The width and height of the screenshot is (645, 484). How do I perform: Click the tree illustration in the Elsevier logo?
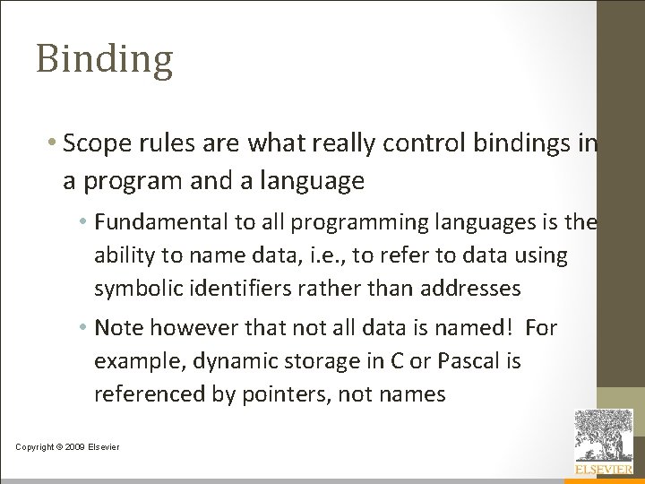pos(603,435)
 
